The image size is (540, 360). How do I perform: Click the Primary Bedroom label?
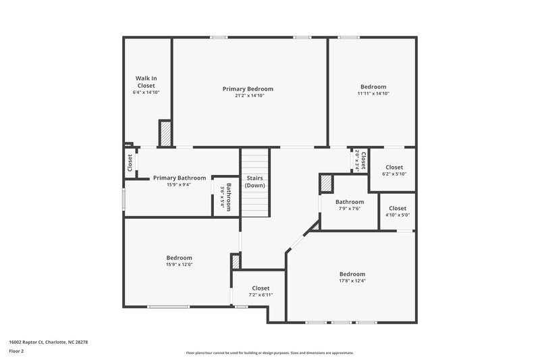coord(248,88)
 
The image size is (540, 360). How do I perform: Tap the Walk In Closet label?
coord(146,82)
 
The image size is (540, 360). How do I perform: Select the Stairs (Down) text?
coord(255,181)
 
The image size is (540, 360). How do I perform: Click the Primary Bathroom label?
coord(180,178)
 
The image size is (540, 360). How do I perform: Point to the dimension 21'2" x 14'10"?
coord(248,96)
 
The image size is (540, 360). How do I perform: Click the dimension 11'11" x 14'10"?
coord(373,94)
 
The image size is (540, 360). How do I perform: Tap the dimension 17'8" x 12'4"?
coord(352,280)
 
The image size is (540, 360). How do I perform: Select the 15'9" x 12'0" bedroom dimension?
coord(180,264)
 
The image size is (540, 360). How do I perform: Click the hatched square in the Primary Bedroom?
coord(165,133)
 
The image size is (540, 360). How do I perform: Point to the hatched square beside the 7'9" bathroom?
coord(327,183)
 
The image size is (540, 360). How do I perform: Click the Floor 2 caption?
coord(17,351)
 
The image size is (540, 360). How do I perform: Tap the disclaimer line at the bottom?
coord(269,353)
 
